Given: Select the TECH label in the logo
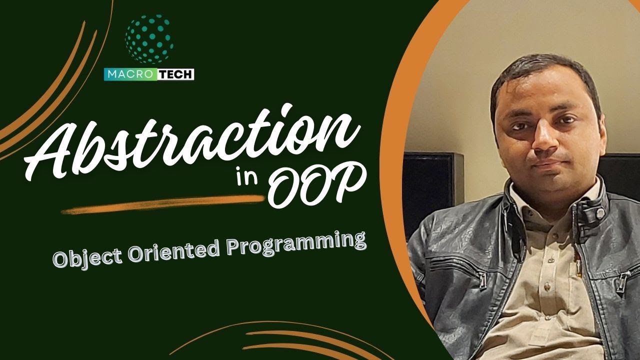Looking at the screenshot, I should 176,74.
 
